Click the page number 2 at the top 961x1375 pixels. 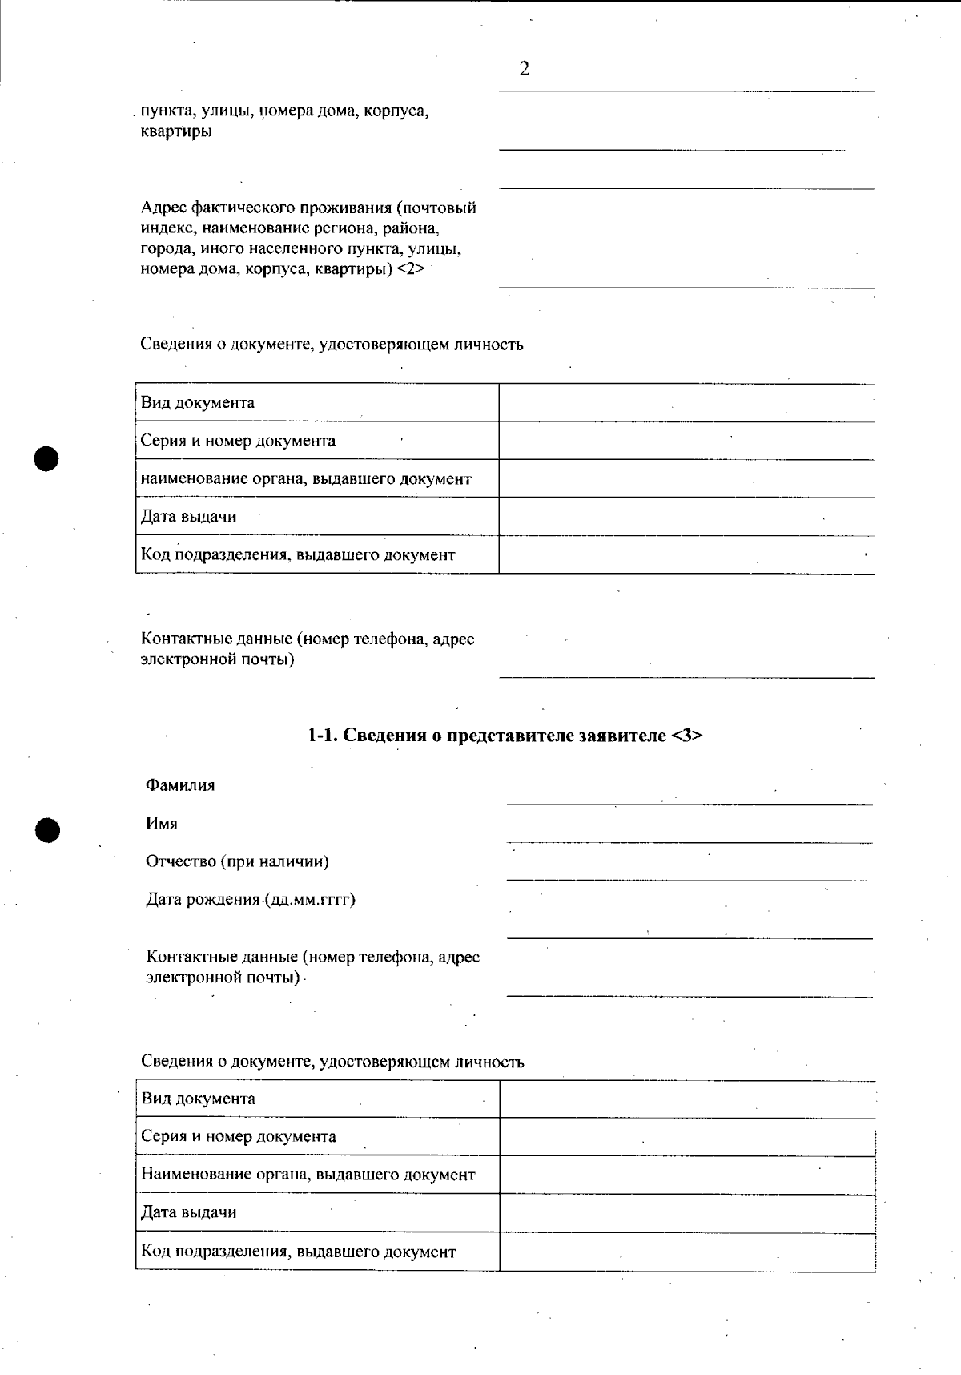(x=525, y=70)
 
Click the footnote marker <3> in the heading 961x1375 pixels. (x=686, y=736)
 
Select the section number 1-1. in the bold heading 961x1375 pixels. (x=324, y=736)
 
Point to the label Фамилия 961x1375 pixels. (x=180, y=785)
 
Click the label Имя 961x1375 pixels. (x=162, y=824)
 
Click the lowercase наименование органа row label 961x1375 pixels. (x=306, y=479)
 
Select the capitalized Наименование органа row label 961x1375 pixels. (x=308, y=1175)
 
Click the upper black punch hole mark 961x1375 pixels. (x=47, y=459)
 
